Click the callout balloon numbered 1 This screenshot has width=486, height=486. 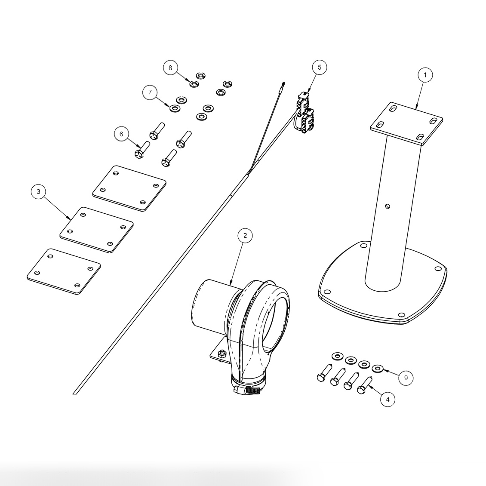tap(425, 75)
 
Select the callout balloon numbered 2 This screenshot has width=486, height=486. tap(245, 235)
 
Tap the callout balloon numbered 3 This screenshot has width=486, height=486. tap(39, 191)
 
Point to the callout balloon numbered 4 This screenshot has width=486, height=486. tap(388, 399)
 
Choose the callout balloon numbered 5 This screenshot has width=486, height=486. tap(319, 67)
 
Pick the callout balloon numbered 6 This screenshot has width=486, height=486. tap(121, 134)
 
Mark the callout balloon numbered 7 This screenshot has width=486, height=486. tap(150, 92)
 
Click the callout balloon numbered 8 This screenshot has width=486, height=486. tap(170, 68)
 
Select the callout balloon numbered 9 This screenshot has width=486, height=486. tap(406, 378)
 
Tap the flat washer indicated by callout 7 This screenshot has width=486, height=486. tap(175, 108)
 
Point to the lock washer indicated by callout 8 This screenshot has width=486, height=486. tap(194, 83)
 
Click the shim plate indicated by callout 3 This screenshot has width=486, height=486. tap(96, 230)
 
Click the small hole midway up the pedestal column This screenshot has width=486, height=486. tap(388, 206)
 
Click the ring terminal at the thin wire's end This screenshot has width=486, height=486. tap(283, 84)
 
